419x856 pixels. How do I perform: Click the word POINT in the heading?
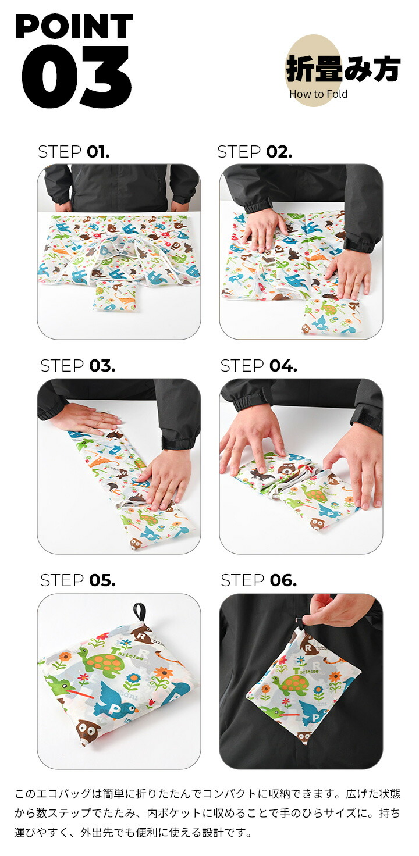[74, 26]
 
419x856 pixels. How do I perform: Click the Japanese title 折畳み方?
[343, 69]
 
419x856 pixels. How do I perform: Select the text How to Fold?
[318, 94]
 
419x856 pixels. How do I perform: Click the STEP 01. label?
[73, 152]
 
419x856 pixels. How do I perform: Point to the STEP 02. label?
[255, 152]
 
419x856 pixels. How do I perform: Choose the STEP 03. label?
[77, 366]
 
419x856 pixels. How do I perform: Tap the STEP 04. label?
[259, 366]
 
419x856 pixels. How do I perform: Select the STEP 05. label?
[77, 580]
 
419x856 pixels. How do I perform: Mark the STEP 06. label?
[259, 580]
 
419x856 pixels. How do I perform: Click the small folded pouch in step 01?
[115, 295]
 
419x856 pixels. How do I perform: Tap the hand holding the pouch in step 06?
[337, 610]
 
